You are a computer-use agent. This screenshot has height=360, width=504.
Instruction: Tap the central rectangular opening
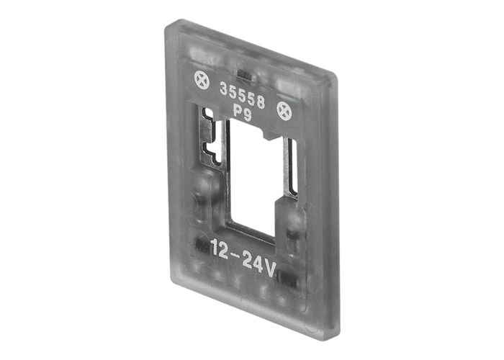tap(251, 176)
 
